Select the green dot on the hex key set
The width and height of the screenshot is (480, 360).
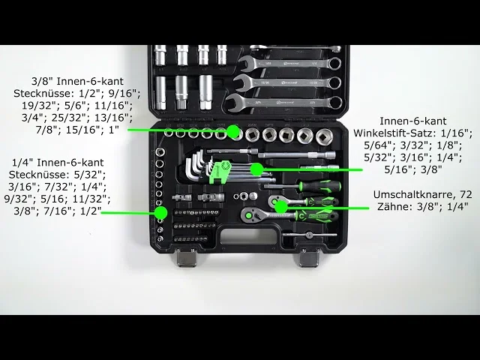tap(256, 169)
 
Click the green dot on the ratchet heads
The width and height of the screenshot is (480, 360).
tap(281, 208)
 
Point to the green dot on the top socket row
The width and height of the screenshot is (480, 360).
tap(233, 131)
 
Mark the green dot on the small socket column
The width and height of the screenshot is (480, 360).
tap(160, 213)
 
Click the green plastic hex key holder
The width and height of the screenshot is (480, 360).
tap(218, 172)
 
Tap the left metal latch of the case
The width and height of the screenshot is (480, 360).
tap(187, 257)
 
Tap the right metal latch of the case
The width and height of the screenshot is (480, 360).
tap(309, 257)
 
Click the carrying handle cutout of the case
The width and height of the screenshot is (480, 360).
tap(248, 237)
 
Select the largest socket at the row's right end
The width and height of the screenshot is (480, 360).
tap(324, 136)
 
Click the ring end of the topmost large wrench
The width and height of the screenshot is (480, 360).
tap(335, 64)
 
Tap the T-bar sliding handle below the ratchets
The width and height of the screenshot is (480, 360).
tap(310, 235)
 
